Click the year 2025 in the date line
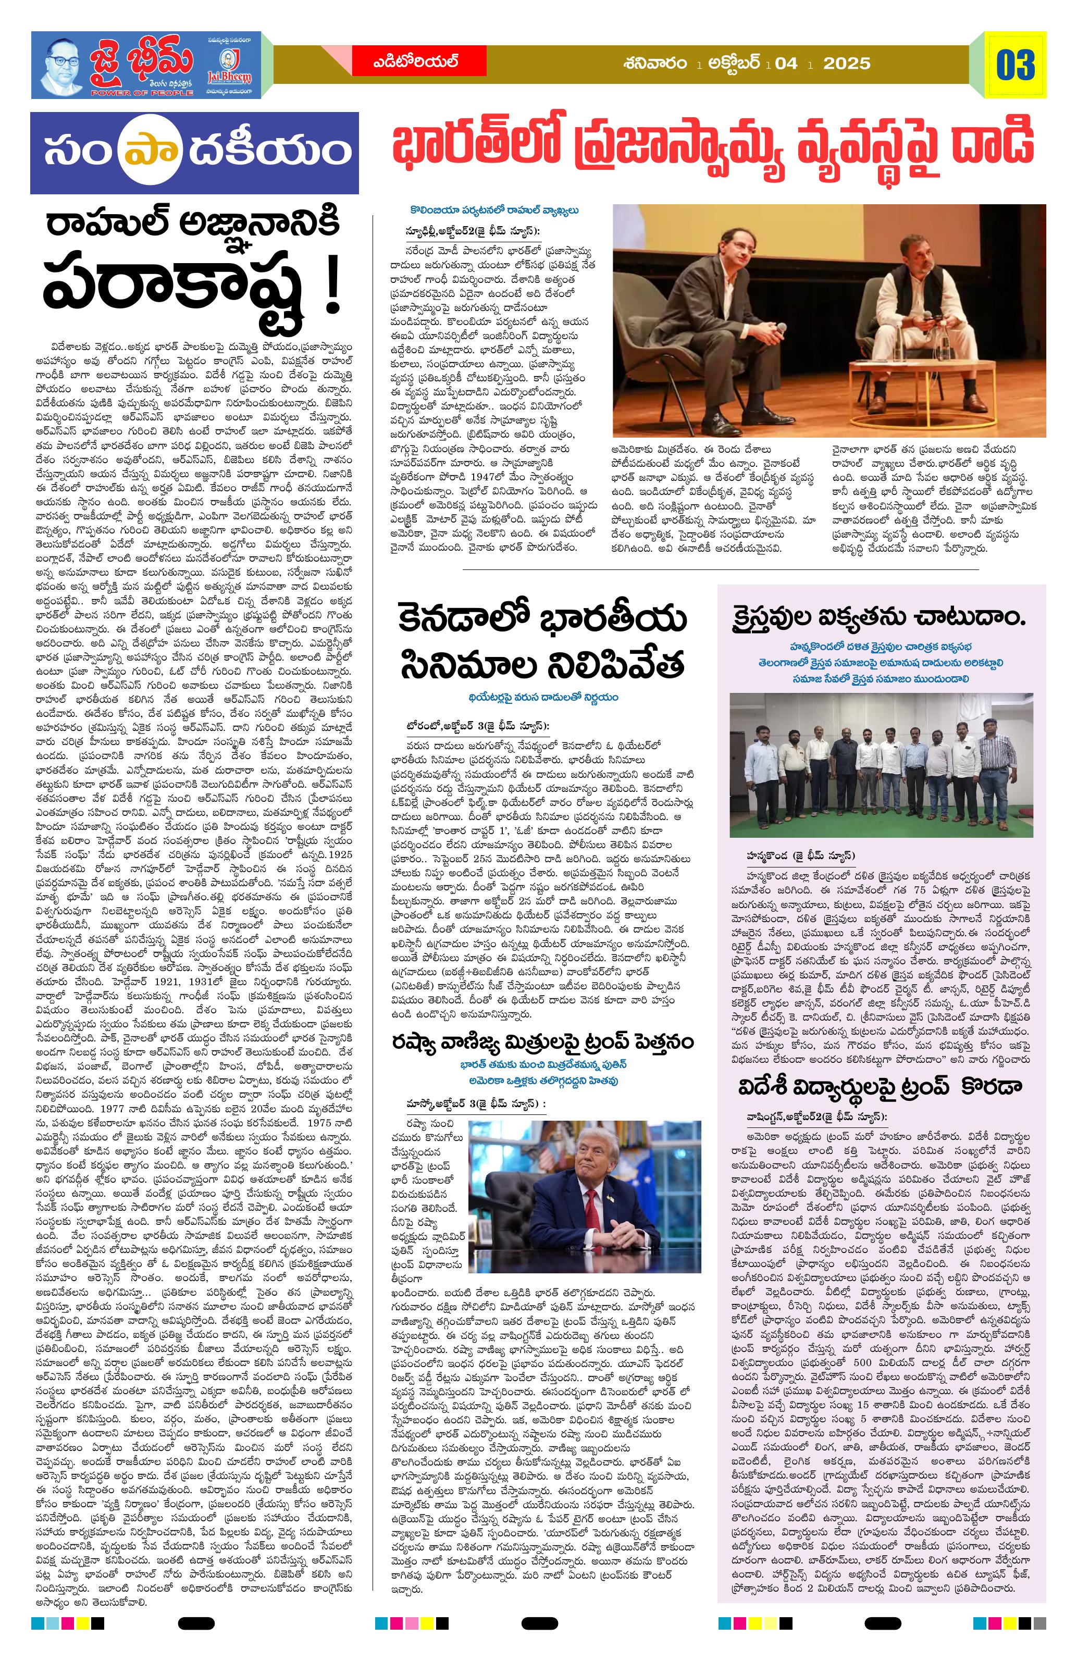847,64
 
